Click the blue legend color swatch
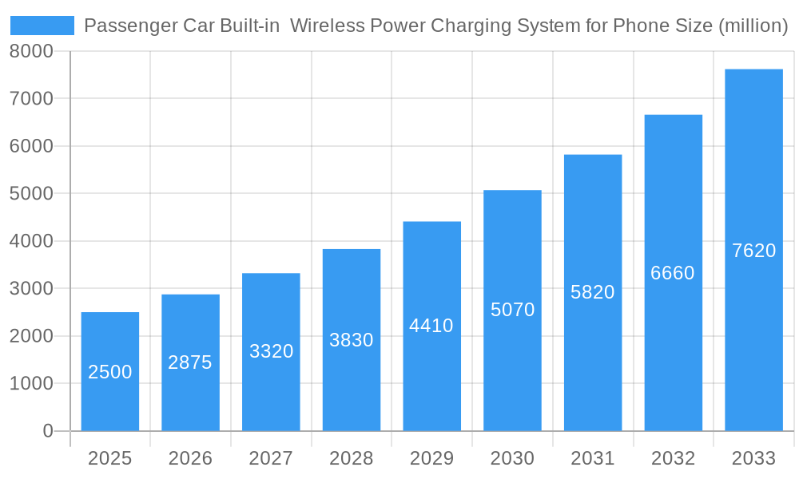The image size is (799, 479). [42, 26]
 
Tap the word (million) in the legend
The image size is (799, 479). [753, 26]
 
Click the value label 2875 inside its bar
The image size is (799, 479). [190, 362]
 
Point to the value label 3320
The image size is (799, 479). [271, 351]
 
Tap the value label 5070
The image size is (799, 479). [512, 310]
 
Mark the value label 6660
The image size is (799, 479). [673, 273]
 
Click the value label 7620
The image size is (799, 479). [753, 251]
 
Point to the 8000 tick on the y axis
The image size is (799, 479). [31, 51]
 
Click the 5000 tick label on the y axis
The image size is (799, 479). [31, 194]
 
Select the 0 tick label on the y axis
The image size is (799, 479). [47, 431]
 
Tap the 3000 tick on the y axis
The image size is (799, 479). [31, 288]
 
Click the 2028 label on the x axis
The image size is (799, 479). [352, 458]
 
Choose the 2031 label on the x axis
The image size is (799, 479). [593, 458]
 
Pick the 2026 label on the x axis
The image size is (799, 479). [190, 458]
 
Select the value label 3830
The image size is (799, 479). [352, 340]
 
